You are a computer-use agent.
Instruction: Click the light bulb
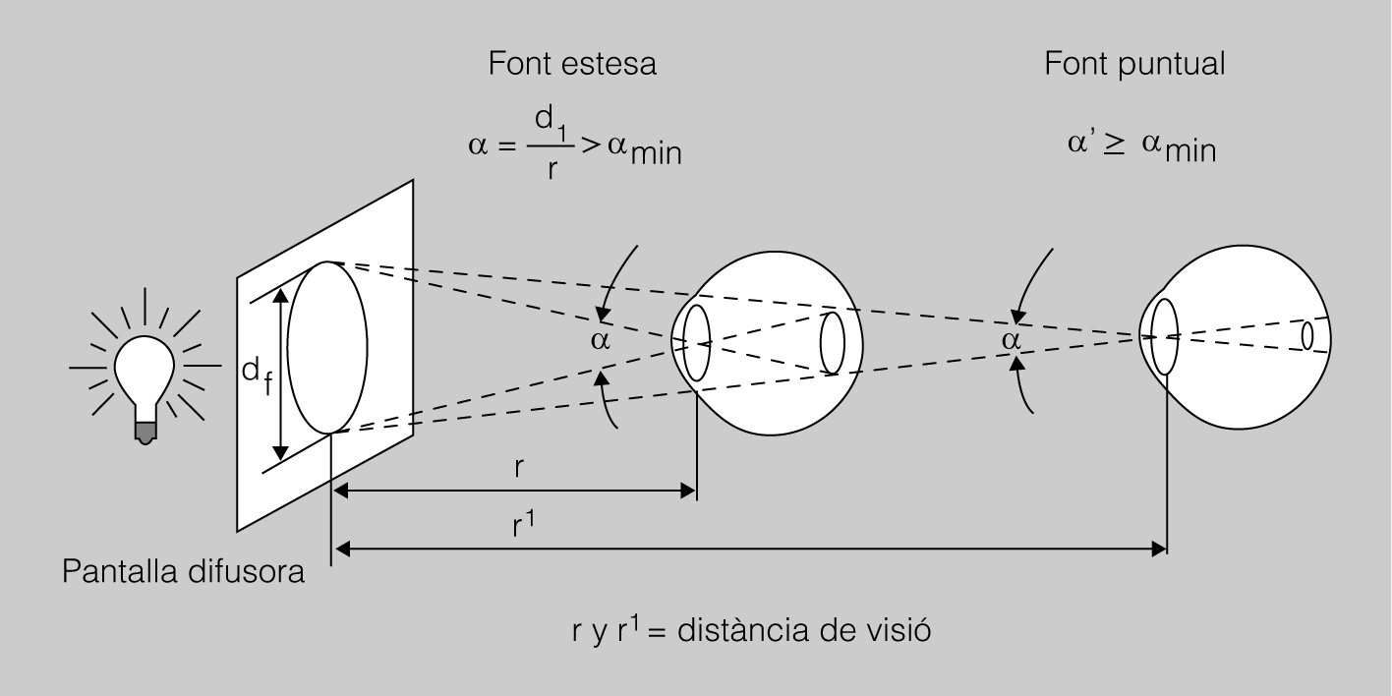tap(146, 368)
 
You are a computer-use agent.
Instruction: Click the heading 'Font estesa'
tap(573, 65)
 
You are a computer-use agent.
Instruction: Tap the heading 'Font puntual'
tap(1134, 65)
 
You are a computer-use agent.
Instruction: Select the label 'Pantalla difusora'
tap(184, 572)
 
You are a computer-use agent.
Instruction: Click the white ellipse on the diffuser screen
tap(327, 347)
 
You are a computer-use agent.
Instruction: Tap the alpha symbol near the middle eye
tap(601, 341)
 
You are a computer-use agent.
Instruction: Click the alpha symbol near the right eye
tap(1011, 339)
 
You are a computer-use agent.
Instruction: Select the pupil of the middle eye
tap(697, 342)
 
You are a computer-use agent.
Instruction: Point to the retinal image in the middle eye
tap(832, 342)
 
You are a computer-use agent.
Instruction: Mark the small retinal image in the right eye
tap(1307, 335)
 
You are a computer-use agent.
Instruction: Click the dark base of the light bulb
tap(145, 431)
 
